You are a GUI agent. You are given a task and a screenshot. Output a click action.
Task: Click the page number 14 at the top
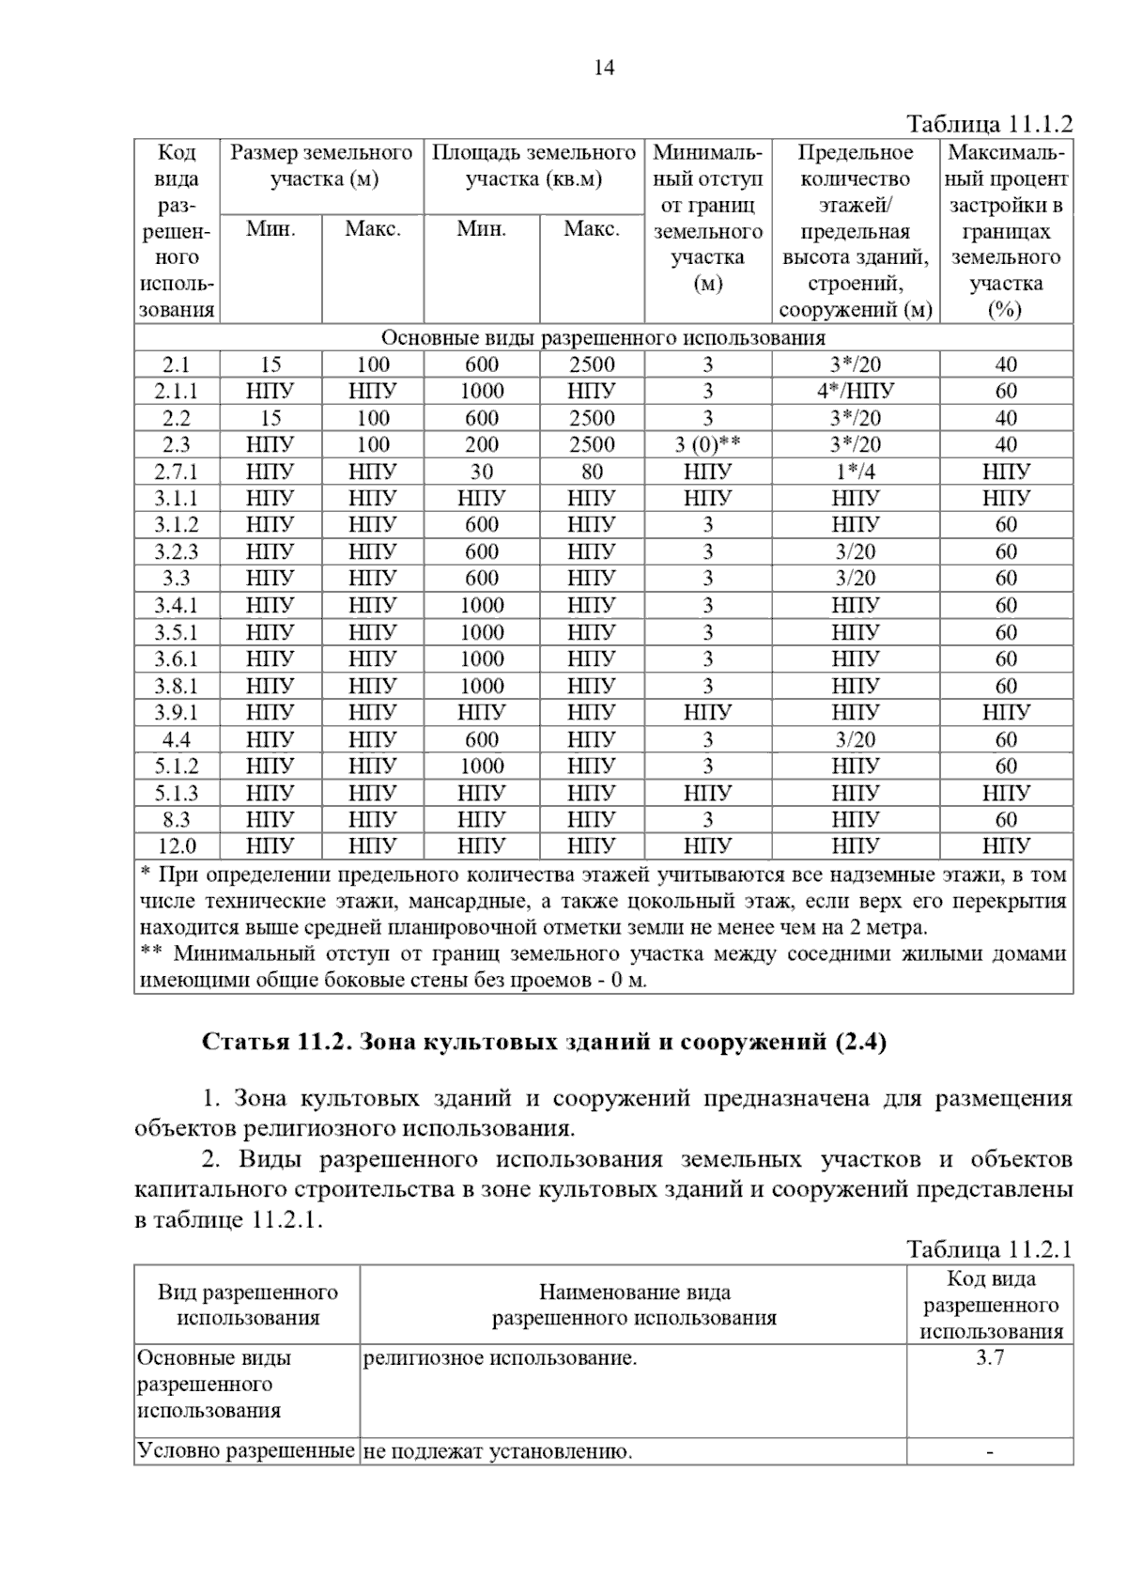pyautogui.click(x=604, y=68)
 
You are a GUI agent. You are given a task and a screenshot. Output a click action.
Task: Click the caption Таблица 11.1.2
pyautogui.click(x=989, y=125)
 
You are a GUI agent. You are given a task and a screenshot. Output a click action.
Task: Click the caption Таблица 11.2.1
pyautogui.click(x=989, y=1249)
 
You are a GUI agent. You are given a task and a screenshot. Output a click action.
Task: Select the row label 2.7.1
pyautogui.click(x=177, y=472)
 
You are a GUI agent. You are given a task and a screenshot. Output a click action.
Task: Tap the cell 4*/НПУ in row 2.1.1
pyautogui.click(x=855, y=391)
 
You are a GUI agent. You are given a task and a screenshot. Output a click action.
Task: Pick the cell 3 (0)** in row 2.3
pyautogui.click(x=707, y=444)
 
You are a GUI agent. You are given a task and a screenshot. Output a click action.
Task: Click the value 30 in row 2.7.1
pyautogui.click(x=481, y=472)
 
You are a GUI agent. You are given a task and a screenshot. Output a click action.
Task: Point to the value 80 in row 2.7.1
pyautogui.click(x=592, y=472)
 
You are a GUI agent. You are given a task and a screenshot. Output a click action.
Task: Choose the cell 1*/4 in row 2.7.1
pyautogui.click(x=855, y=472)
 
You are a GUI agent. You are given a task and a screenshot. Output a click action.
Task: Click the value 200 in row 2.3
pyautogui.click(x=481, y=444)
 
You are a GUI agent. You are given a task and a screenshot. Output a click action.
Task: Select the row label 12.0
pyautogui.click(x=177, y=846)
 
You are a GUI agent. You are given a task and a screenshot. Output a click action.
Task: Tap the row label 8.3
pyautogui.click(x=177, y=819)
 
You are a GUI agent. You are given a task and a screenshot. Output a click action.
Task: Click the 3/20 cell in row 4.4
pyautogui.click(x=855, y=739)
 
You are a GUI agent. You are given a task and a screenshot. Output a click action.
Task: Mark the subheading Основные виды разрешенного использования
pyautogui.click(x=603, y=338)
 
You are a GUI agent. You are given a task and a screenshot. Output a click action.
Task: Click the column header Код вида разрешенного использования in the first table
pyautogui.click(x=177, y=231)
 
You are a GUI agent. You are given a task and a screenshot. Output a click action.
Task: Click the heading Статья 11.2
pyautogui.click(x=545, y=1042)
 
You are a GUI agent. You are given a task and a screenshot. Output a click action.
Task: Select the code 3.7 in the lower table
pyautogui.click(x=990, y=1357)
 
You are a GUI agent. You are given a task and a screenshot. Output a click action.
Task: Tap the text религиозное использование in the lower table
pyautogui.click(x=500, y=1357)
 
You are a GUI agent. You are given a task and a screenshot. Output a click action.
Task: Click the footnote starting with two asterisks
pyautogui.click(x=601, y=968)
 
